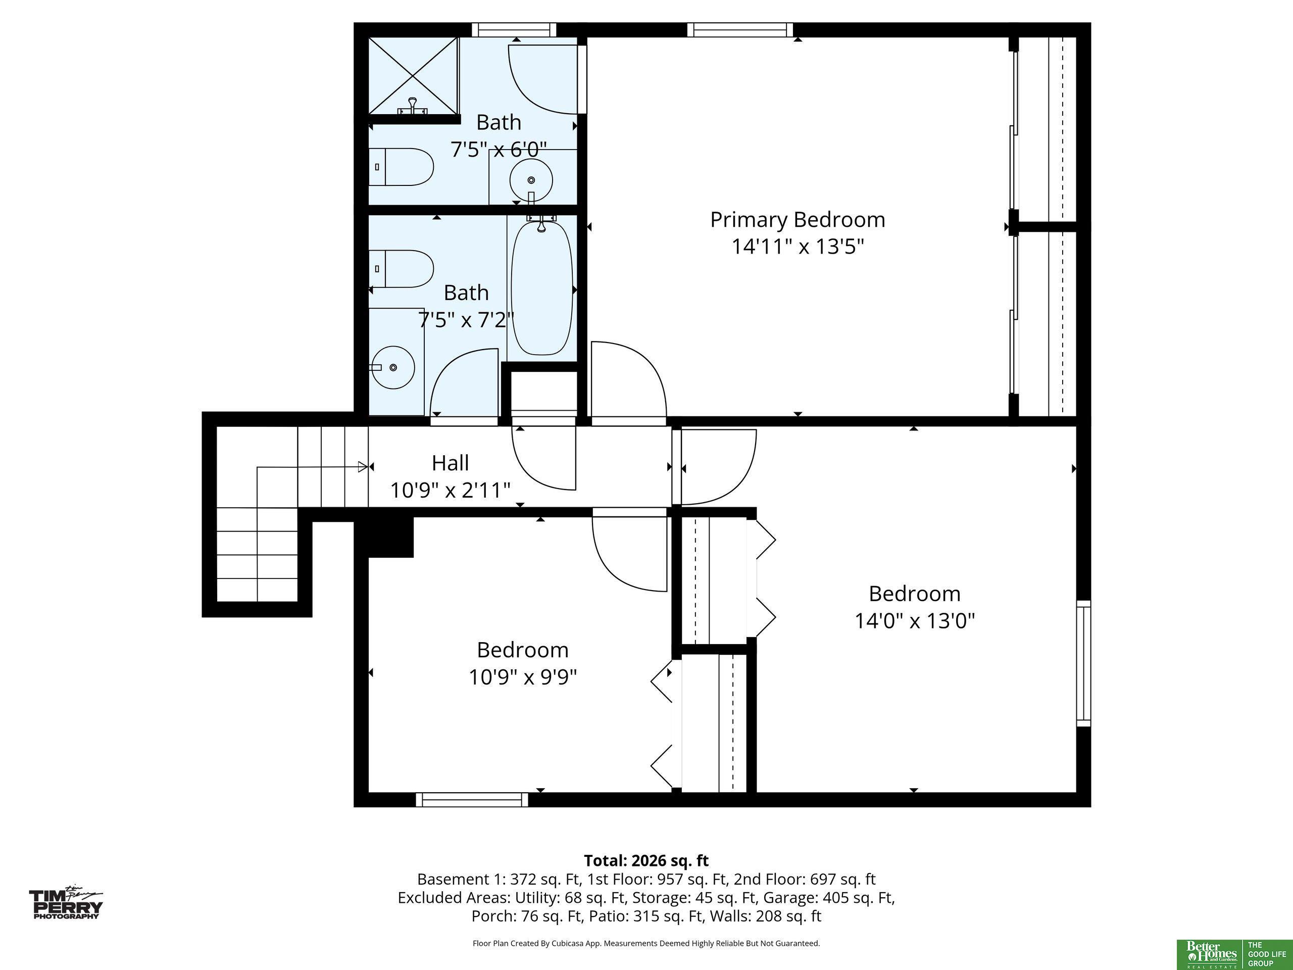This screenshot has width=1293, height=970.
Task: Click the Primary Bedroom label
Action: (x=798, y=220)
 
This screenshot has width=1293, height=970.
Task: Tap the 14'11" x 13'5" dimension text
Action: (x=798, y=247)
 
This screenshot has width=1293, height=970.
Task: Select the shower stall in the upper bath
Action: (x=413, y=76)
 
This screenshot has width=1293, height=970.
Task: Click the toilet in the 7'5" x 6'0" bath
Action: (x=401, y=167)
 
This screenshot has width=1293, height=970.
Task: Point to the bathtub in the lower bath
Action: (x=542, y=286)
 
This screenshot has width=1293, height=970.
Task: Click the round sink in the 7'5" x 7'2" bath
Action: (x=393, y=367)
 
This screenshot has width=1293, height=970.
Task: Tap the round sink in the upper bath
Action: (x=531, y=180)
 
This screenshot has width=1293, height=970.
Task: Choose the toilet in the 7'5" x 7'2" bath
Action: (x=401, y=269)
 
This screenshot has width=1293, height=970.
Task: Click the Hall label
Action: (x=450, y=463)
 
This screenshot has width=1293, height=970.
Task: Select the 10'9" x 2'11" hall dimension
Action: (x=450, y=490)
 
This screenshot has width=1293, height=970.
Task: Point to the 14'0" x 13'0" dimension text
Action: (x=915, y=620)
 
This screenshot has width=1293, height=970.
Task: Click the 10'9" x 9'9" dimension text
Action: (x=523, y=677)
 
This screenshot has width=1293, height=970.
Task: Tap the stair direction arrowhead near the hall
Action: (x=363, y=467)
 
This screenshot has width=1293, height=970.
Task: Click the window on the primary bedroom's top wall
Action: (x=740, y=30)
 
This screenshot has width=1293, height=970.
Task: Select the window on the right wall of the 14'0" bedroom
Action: (x=1083, y=663)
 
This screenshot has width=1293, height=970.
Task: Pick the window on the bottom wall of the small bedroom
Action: (x=472, y=799)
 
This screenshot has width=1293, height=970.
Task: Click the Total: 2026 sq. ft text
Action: (x=646, y=861)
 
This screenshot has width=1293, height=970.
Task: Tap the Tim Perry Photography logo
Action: (x=66, y=903)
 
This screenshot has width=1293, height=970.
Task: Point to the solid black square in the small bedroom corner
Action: (x=390, y=537)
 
